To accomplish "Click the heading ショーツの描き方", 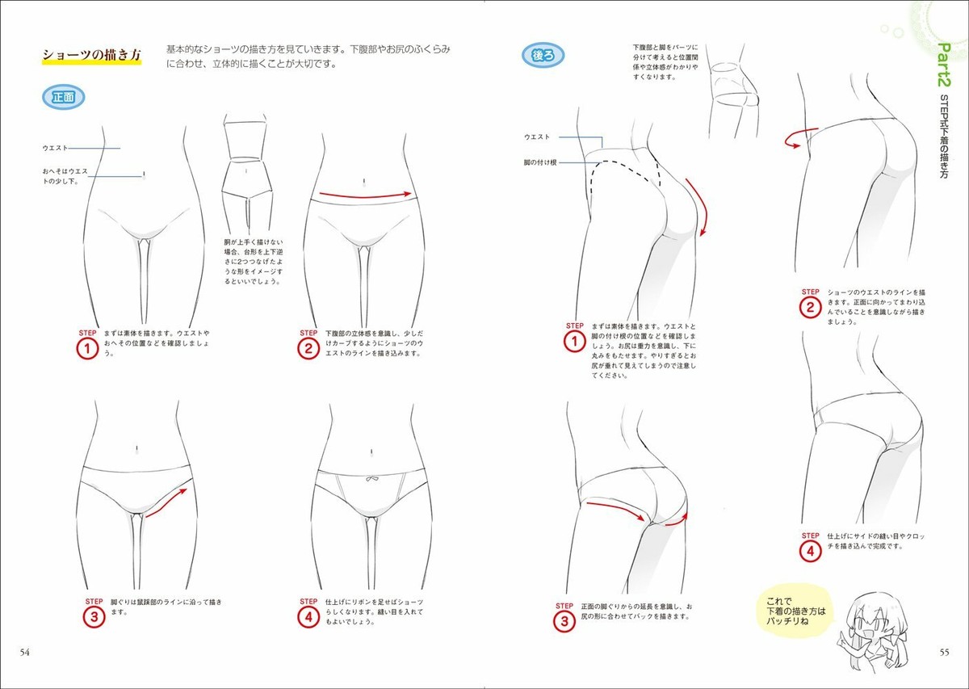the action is tap(91, 56).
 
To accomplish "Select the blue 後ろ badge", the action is tap(543, 55).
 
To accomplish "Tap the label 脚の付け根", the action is tap(541, 162).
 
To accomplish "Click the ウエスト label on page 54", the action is tap(56, 148).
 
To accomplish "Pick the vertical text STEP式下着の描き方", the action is tap(944, 141).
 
